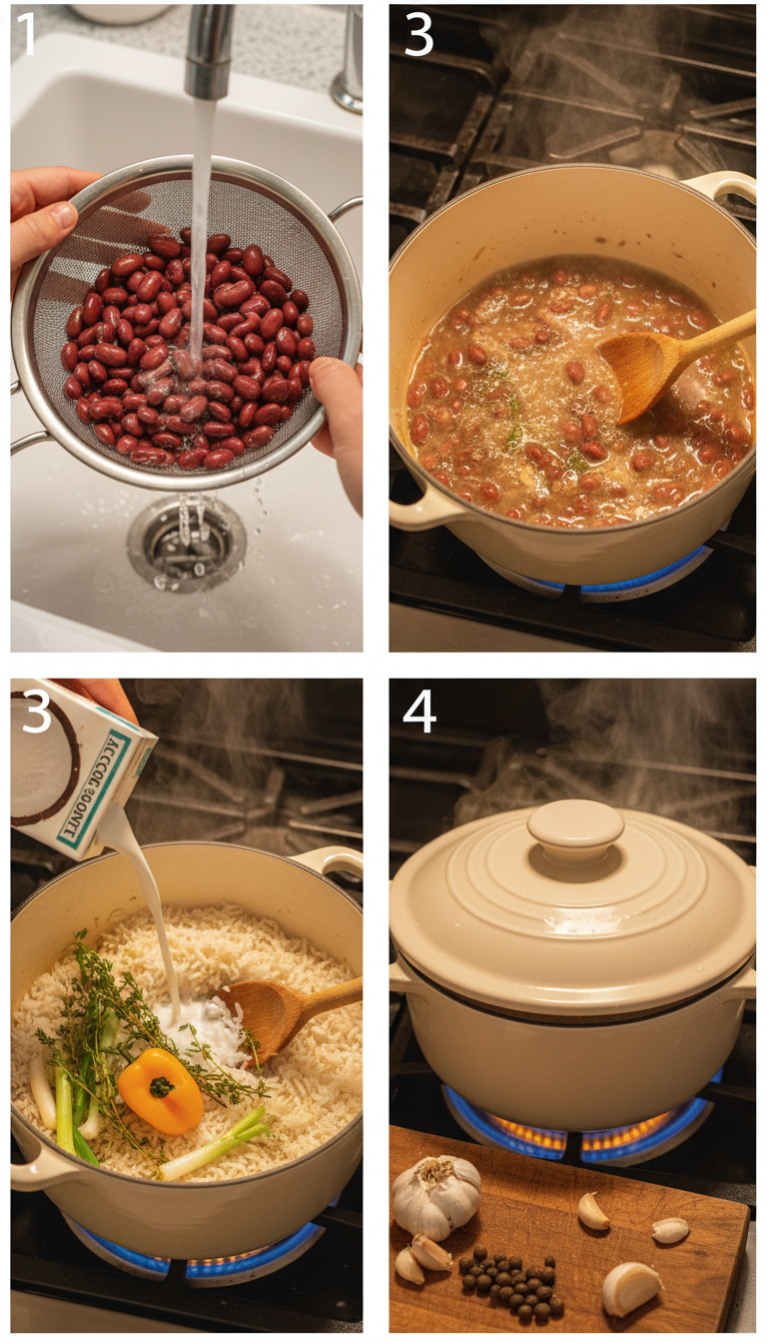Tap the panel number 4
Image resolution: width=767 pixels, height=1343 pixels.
click(419, 712)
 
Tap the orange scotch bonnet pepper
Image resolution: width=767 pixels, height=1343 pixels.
click(161, 1090)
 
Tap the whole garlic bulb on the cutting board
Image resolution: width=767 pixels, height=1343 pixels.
click(436, 1196)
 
